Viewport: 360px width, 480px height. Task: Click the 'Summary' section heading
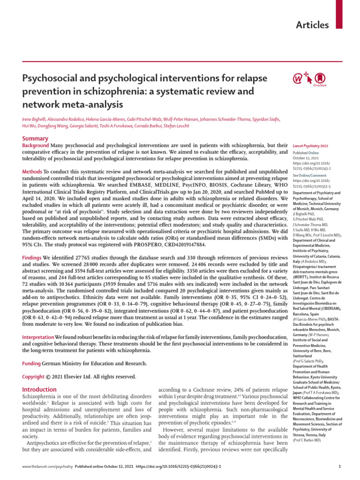pos(36,139)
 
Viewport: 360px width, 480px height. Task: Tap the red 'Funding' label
pos(32,364)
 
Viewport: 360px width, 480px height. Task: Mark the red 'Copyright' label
pos(34,376)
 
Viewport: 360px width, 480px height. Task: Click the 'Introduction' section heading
pos(40,390)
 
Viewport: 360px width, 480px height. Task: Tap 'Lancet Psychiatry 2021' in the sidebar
pos(310,146)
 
